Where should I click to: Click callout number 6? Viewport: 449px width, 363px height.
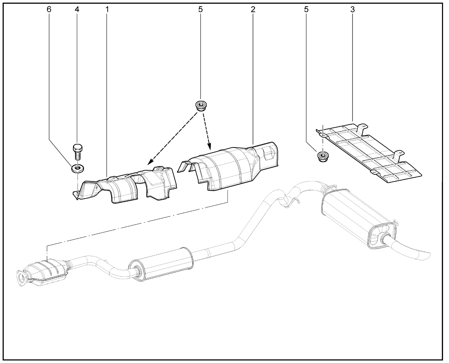(49, 9)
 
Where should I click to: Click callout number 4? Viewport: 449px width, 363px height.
(77, 9)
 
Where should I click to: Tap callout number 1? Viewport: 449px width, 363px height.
(107, 9)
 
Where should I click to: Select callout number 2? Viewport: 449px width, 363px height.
(253, 9)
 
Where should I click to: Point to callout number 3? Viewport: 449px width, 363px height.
(353, 9)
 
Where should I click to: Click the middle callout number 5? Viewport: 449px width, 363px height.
(200, 9)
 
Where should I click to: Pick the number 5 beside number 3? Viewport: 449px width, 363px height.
(306, 9)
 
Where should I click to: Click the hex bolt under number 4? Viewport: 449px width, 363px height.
(78, 152)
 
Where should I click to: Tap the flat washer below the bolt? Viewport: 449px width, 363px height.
(78, 169)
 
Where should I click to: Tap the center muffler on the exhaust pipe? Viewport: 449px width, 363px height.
(161, 265)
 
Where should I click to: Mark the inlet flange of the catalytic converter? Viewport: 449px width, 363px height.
(21, 278)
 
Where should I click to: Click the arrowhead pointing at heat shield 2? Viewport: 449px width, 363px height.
(209, 147)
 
